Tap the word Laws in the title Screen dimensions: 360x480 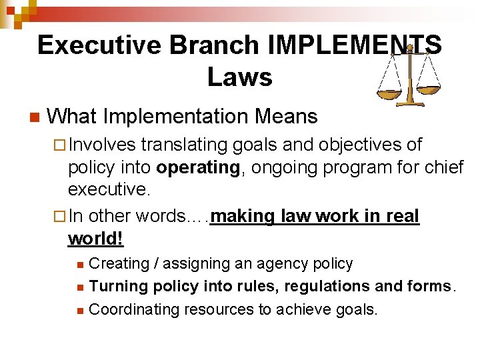pyautogui.click(x=239, y=77)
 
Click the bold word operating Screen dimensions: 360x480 pyautogui.click(x=198, y=168)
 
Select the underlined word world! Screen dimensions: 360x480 pyautogui.click(x=96, y=239)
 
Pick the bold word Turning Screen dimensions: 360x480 pyautogui.click(x=118, y=287)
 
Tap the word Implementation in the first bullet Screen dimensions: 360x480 pyautogui.click(x=176, y=117)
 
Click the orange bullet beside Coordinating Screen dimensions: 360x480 pyautogui.click(x=80, y=310)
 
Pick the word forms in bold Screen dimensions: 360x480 pyautogui.click(x=429, y=287)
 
